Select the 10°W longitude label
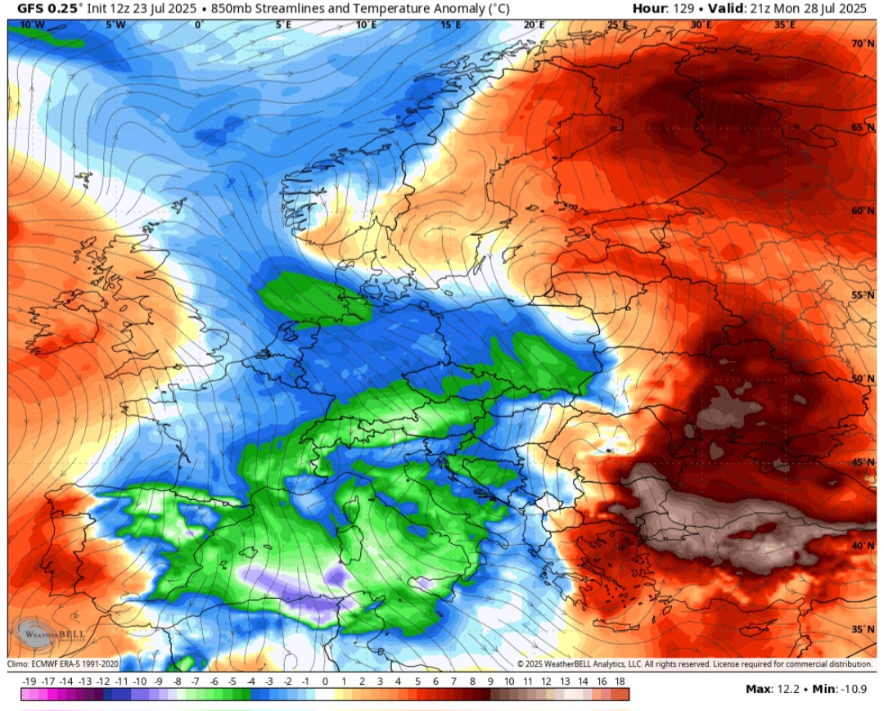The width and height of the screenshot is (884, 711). tap(32, 25)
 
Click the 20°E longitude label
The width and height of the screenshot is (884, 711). tap(534, 25)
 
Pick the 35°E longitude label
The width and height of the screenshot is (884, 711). tap(784, 25)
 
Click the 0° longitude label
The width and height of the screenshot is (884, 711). tap(199, 25)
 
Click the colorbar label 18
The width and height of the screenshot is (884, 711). tap(620, 681)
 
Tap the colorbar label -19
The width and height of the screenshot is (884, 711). tap(29, 681)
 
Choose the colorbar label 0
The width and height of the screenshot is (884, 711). tap(325, 681)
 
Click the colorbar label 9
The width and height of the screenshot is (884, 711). tap(490, 681)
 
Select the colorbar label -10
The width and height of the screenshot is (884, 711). tap(139, 681)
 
